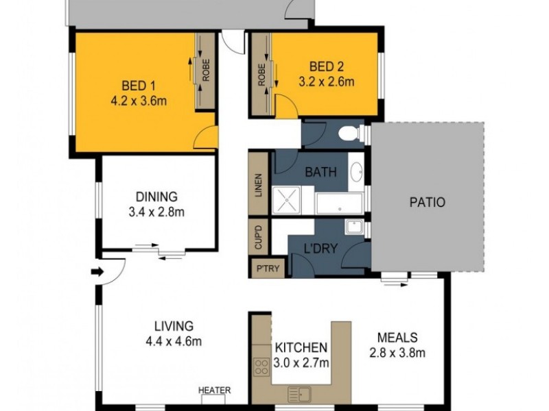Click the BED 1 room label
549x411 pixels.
138,86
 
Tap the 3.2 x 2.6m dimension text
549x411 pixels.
326,82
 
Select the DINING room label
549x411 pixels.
157,196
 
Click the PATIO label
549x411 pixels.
428,203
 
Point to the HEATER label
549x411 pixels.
215,390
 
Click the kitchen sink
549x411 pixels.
300,394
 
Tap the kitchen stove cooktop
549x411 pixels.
261,366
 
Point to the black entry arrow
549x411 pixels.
97,271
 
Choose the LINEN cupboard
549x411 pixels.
259,184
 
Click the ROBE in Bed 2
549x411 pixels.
261,75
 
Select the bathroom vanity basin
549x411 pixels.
356,171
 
